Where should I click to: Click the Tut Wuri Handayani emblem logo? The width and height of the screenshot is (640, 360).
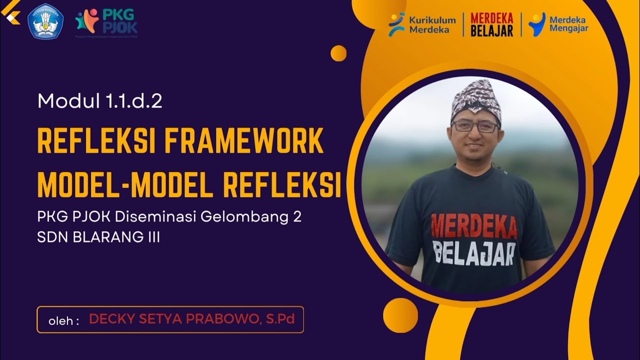(x=45, y=21)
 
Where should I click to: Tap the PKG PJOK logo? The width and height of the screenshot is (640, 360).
(x=106, y=21)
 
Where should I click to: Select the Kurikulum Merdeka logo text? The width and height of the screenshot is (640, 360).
(x=422, y=24)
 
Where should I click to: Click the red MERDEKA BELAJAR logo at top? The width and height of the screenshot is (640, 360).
(x=492, y=24)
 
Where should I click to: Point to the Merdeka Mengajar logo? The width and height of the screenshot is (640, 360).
(x=558, y=24)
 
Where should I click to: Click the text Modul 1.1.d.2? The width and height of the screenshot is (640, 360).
(x=99, y=101)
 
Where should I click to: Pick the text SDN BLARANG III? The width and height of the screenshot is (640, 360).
(x=98, y=237)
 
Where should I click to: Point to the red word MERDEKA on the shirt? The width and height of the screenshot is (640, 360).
(x=473, y=226)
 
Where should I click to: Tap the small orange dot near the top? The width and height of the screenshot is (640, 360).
(x=338, y=53)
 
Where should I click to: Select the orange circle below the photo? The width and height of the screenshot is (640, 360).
(x=400, y=315)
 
